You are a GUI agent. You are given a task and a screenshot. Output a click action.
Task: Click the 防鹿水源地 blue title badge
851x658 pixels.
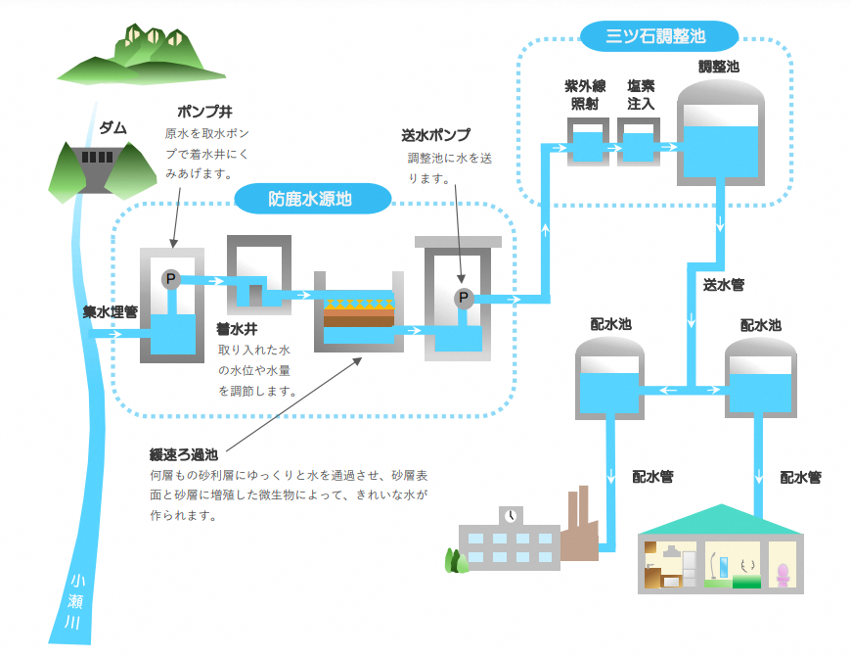(313, 199)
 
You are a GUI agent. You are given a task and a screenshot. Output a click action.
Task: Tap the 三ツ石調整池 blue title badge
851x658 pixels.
(659, 36)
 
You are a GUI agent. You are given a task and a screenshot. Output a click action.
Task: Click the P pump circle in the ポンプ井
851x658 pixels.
(170, 279)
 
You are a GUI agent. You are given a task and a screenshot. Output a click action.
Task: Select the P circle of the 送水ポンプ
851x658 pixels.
(464, 298)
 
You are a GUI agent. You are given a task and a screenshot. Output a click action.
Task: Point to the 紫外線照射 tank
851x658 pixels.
(588, 142)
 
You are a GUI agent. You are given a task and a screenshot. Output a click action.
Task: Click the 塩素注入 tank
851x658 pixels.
(638, 142)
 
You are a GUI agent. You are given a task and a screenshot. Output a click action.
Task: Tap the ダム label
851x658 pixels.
(112, 128)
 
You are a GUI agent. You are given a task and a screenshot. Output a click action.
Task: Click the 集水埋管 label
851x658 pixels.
(111, 312)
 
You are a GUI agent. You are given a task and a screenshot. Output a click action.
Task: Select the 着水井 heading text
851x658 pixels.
(237, 329)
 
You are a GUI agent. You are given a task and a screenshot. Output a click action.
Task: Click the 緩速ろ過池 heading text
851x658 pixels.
(184, 454)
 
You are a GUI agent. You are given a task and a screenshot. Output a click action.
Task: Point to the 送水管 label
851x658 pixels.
(724, 285)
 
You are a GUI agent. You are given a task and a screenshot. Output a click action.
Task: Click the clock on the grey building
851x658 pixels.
(511, 516)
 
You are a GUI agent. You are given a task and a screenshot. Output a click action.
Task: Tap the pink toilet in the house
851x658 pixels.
(783, 575)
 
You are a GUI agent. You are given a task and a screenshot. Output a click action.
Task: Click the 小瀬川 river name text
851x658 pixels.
(75, 601)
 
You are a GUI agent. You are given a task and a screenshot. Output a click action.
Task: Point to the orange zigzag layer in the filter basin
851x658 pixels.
(358, 305)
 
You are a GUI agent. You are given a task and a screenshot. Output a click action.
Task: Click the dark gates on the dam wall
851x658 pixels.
(97, 157)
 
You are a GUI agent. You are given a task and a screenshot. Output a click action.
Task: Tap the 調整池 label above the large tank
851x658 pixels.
(719, 67)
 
